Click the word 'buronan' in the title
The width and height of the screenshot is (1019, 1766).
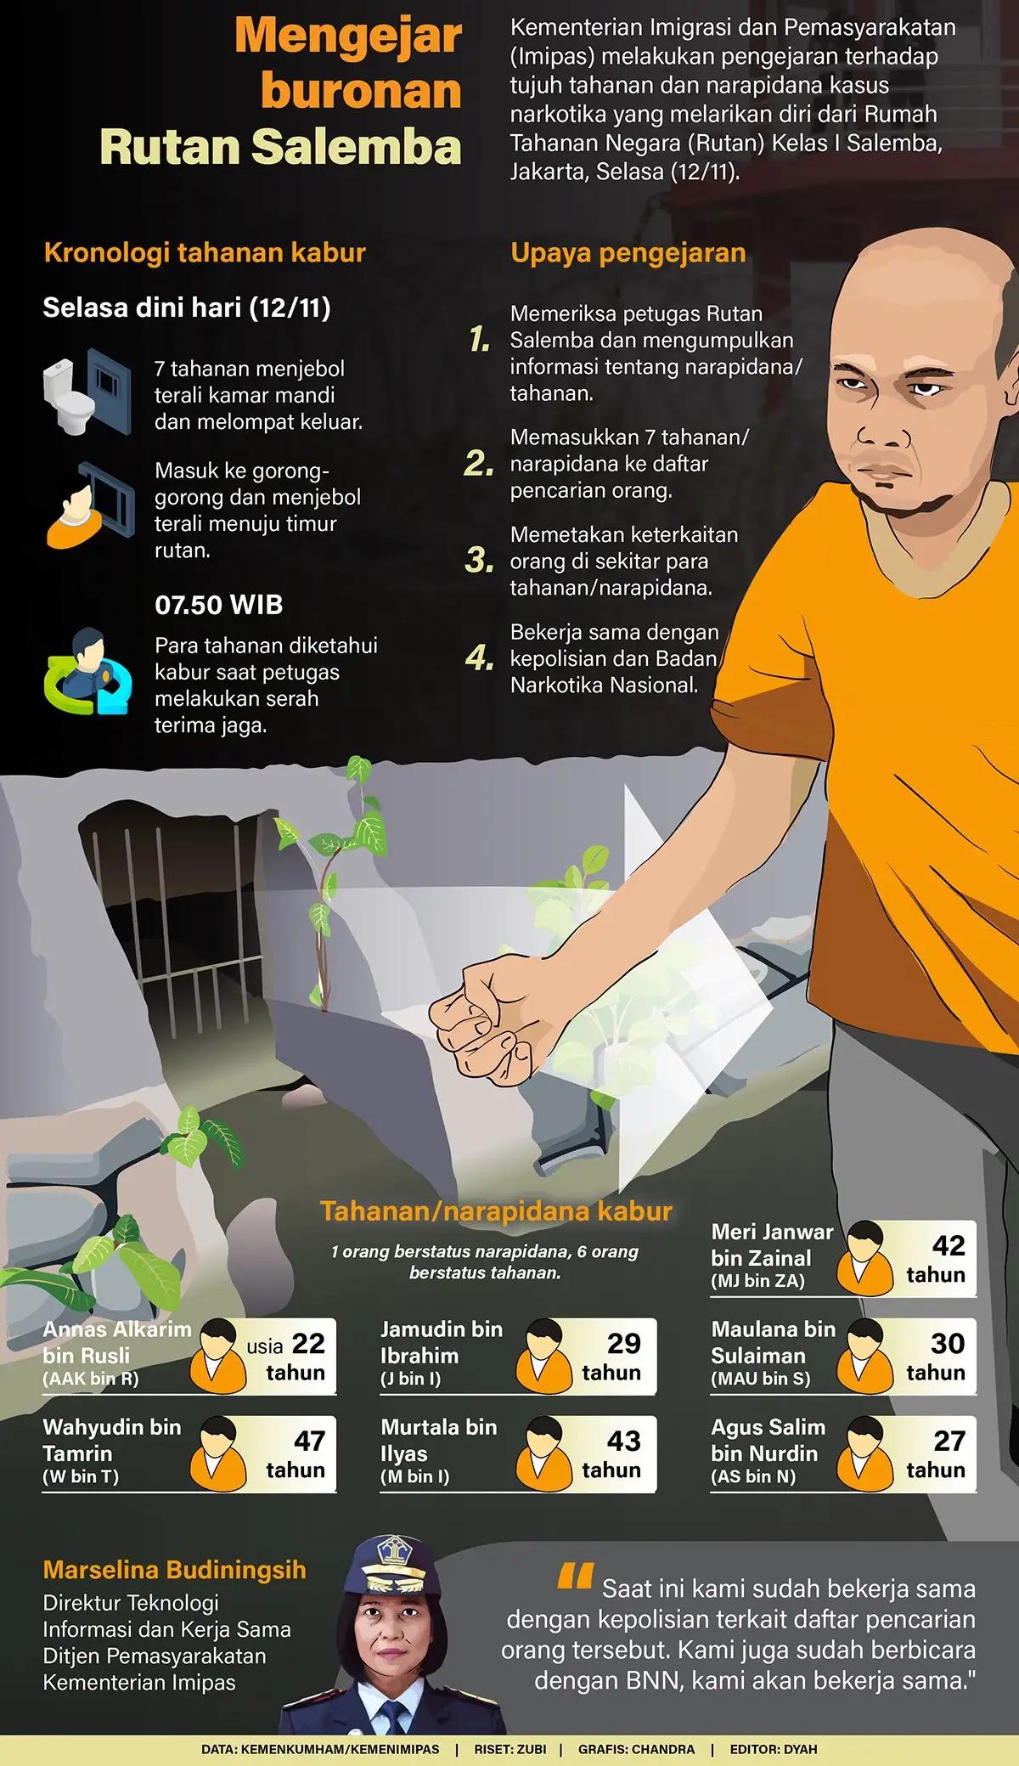tap(361, 91)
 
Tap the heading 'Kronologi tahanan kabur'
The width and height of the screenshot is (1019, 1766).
tap(205, 252)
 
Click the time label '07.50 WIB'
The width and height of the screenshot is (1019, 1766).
tap(219, 605)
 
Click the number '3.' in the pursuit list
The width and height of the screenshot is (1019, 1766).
tap(480, 560)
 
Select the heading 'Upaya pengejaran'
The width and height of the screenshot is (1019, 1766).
tap(628, 252)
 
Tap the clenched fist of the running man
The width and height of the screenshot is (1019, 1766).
tap(476, 1029)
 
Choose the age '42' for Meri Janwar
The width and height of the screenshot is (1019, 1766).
tap(949, 1245)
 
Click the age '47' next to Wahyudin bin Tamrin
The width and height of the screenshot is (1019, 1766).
tap(309, 1441)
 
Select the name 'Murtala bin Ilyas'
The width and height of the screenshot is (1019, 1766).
tap(438, 1440)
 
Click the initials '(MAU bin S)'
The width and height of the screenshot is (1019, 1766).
tap(760, 1379)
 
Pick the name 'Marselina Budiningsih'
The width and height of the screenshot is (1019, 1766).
tap(175, 1570)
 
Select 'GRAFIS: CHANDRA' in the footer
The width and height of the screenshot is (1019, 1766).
tap(636, 1749)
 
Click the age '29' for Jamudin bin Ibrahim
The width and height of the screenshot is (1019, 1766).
tap(623, 1343)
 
